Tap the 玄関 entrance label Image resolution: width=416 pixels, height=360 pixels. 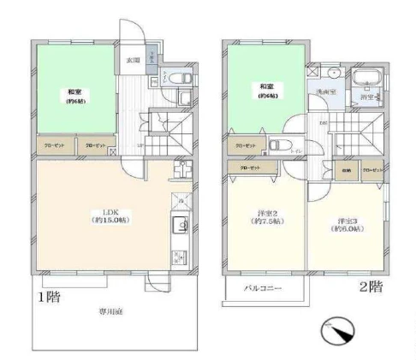point(133,61)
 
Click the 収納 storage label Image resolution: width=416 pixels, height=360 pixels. point(345,169)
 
